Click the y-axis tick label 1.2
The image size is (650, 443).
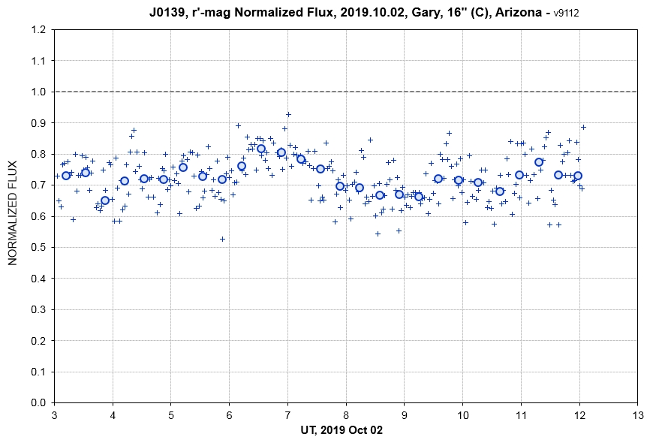38,30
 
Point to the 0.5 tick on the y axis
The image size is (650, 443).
38,247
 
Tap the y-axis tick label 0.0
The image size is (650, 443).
38,402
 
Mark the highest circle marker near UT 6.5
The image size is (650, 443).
261,149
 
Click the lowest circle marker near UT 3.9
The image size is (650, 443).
105,200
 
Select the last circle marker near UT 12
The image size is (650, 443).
578,176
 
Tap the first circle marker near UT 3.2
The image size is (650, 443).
66,176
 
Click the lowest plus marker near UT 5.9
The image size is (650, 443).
222,239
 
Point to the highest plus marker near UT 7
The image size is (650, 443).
288,115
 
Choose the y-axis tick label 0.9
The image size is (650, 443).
38,123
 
